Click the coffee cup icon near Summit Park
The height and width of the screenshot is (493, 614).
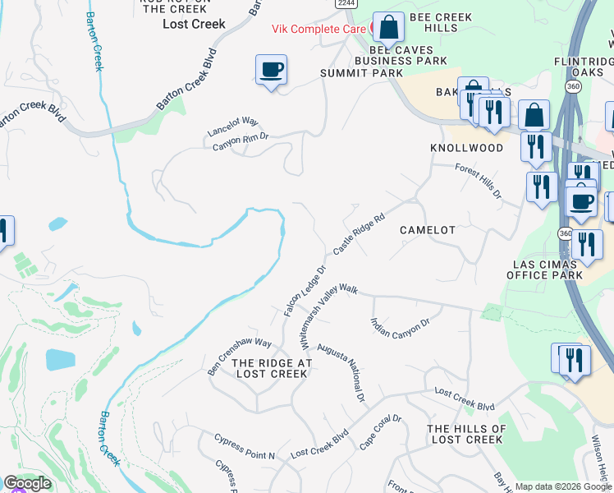271,70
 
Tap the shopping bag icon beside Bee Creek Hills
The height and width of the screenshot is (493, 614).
388,28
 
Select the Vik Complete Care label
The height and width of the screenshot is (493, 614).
320,28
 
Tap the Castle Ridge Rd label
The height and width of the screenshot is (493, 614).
360,235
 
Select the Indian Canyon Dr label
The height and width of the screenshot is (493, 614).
401,327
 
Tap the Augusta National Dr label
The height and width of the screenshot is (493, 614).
341,372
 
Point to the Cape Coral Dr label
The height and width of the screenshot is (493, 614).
380,432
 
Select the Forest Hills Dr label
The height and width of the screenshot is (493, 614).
479,181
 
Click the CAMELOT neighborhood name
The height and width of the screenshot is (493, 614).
427,230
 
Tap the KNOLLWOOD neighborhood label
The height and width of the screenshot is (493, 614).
466,148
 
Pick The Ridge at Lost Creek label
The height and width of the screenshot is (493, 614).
271,368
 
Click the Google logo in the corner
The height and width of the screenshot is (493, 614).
27,483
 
